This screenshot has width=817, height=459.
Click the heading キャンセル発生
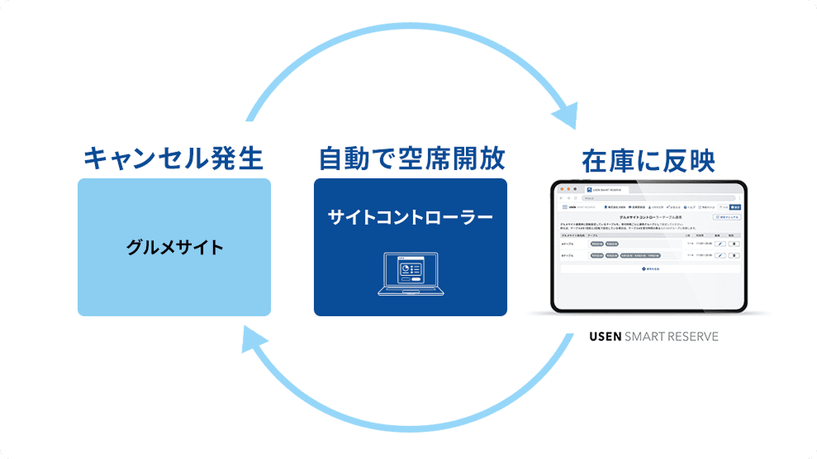click(x=173, y=156)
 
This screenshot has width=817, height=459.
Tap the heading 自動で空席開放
click(x=411, y=156)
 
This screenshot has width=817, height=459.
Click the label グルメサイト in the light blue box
click(x=174, y=247)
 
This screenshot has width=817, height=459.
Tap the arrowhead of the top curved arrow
click(x=565, y=114)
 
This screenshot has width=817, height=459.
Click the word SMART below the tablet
click(x=647, y=337)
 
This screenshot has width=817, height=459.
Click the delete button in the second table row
click(x=734, y=256)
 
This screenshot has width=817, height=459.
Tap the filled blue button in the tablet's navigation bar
click(x=736, y=206)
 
